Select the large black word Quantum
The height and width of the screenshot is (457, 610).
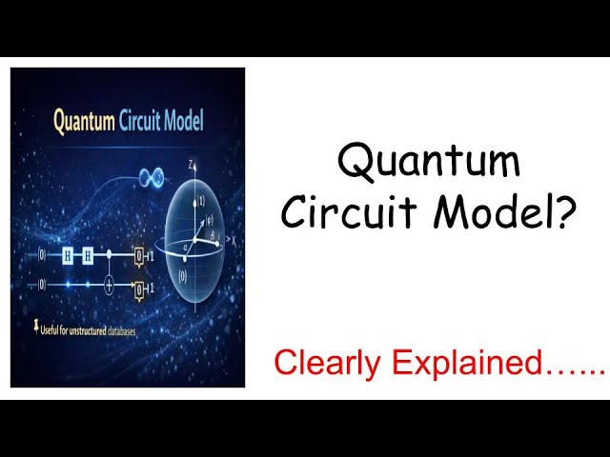429,161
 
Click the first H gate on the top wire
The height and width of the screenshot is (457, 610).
69,255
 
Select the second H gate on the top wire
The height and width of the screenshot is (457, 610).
89,255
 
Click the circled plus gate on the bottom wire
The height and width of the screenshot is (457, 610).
111,285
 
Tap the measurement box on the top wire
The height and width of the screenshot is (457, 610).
139,256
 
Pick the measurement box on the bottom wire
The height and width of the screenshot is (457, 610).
139,288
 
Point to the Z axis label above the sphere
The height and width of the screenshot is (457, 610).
191,165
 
